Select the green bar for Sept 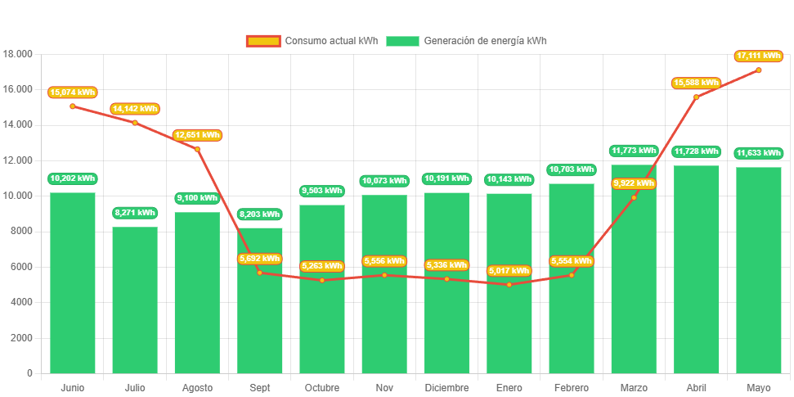pos(260,327)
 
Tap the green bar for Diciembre pos(446,319)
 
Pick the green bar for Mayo pos(758,270)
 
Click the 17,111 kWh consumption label pos(759,56)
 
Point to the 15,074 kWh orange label pos(73,92)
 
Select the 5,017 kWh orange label pos(509,271)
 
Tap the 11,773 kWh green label pos(634,151)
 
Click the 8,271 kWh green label pos(135,213)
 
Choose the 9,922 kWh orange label pos(634,183)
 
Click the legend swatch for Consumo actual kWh pos(262,41)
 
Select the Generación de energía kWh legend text pos(486,41)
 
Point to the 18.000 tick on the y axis pos(18,54)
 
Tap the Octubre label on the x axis pos(321,387)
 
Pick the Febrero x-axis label pos(571,387)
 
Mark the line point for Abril pos(696,97)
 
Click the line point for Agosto pos(197,149)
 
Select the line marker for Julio pos(135,123)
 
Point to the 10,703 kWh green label pos(571,169)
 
